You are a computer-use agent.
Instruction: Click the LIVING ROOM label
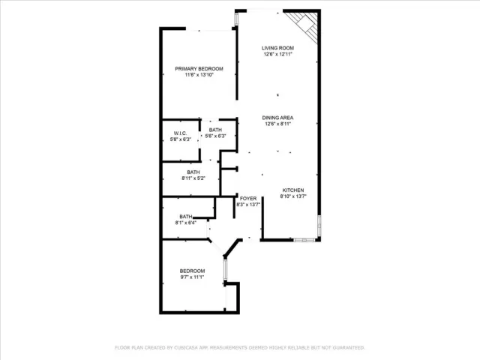(277, 48)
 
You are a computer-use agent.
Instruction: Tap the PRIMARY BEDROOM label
(199, 69)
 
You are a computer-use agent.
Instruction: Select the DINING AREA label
(277, 118)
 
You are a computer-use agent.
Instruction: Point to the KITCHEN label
(293, 190)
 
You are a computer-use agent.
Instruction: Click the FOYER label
(248, 199)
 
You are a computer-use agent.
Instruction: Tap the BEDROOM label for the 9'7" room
(191, 271)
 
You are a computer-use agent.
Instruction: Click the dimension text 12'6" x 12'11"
(277, 54)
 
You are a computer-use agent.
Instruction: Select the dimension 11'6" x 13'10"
(199, 75)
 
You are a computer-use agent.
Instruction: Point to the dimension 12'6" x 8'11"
(277, 124)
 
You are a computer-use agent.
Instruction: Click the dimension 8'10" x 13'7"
(293, 196)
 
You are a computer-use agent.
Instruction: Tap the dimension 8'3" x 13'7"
(248, 205)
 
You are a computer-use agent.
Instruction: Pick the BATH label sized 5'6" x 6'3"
(216, 130)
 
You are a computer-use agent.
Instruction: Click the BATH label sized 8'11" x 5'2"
(193, 172)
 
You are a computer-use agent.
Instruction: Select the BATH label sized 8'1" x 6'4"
(186, 217)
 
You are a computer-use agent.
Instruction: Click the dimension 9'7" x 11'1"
(191, 277)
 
